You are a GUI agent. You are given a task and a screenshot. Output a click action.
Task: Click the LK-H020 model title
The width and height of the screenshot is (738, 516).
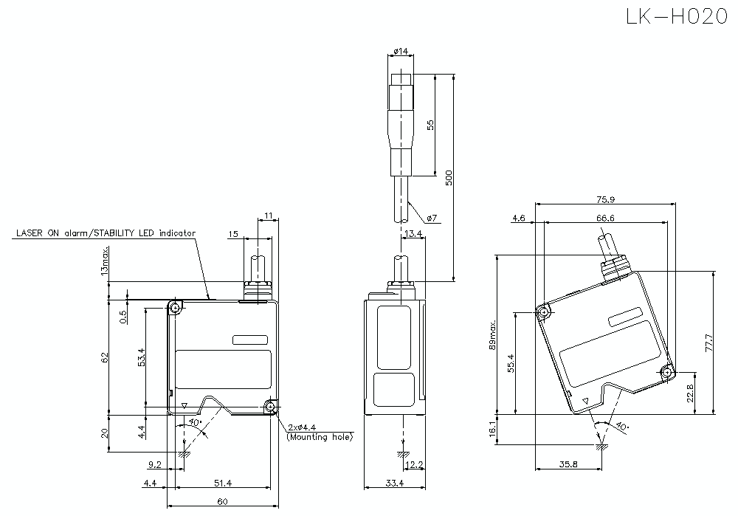(677, 18)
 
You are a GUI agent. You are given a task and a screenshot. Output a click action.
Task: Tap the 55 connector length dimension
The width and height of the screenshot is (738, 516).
(430, 125)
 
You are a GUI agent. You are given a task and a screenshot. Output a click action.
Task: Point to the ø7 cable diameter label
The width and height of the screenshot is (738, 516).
(432, 218)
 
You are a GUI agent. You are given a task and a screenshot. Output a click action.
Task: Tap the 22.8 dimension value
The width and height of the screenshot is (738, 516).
(690, 393)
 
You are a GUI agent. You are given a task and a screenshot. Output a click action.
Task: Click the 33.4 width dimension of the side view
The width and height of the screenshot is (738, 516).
(395, 484)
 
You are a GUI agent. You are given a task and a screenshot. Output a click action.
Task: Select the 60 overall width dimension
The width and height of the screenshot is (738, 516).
(222, 502)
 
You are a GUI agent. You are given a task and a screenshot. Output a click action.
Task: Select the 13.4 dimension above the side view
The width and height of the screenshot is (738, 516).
(414, 234)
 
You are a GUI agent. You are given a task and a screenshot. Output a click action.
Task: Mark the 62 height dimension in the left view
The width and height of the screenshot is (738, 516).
(105, 357)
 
